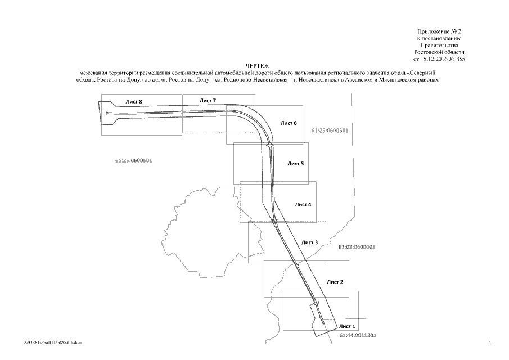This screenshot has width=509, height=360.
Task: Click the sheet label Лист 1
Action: point(347,326)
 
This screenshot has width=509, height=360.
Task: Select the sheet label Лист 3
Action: point(309,242)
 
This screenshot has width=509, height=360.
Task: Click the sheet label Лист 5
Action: point(295,164)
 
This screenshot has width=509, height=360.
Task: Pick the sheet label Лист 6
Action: point(288,123)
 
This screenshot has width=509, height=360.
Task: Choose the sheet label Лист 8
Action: point(134,101)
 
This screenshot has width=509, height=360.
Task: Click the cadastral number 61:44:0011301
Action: point(358,335)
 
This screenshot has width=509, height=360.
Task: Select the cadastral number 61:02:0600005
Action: point(357,247)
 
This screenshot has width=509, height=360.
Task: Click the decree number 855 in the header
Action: point(460,58)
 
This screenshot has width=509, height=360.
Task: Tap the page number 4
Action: point(490,342)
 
